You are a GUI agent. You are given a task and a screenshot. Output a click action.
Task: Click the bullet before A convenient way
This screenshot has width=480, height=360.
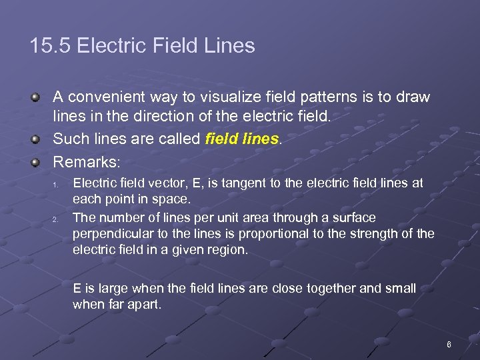35,97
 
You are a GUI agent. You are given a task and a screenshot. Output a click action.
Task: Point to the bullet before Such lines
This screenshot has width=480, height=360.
35,139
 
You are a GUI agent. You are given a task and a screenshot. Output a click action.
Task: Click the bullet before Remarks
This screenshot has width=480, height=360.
35,161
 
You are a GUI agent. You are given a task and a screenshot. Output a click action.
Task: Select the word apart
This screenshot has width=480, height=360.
145,305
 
